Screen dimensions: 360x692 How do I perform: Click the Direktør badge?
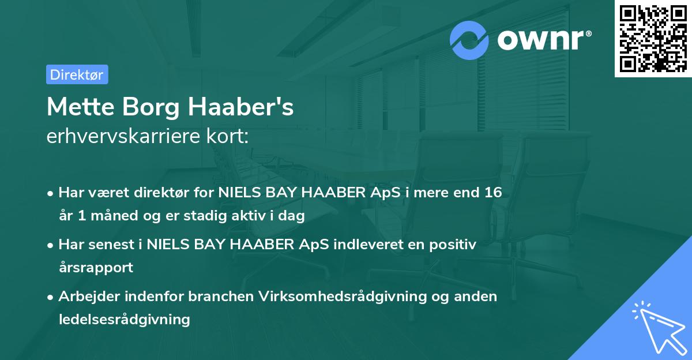pyautogui.click(x=77, y=74)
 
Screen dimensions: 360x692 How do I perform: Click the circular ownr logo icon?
pyautogui.click(x=470, y=40)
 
